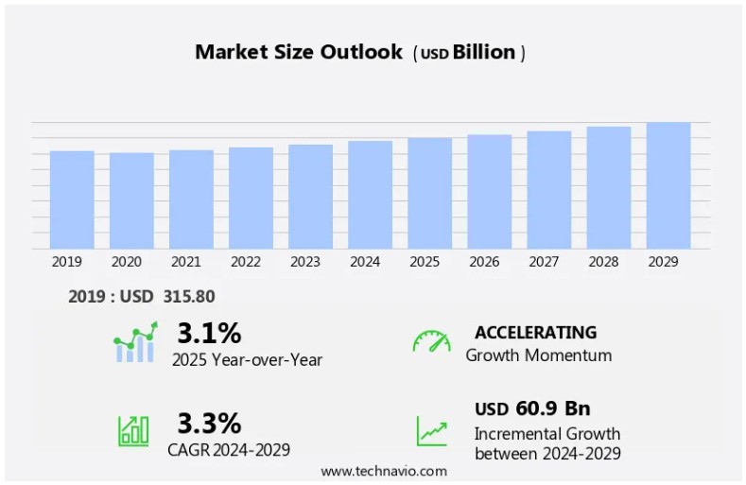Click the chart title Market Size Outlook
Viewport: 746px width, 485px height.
tap(299, 52)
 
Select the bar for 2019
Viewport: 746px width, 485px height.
tap(72, 199)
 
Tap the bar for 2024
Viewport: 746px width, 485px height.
tap(370, 195)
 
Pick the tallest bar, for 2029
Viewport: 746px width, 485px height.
tap(668, 185)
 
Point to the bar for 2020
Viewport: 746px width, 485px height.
tap(131, 200)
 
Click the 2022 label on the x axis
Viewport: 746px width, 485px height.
tap(246, 262)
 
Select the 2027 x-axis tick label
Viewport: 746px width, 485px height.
tap(544, 262)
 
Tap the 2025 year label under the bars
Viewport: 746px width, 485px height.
tap(425, 262)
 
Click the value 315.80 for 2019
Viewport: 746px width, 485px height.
tap(189, 297)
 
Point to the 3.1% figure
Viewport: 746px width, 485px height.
tap(209, 334)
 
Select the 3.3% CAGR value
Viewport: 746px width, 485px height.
tap(209, 423)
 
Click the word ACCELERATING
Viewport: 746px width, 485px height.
tap(535, 333)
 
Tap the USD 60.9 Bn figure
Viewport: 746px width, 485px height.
tap(532, 408)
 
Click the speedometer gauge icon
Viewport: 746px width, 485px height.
tap(431, 341)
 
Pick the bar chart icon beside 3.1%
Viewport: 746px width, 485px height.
tap(134, 343)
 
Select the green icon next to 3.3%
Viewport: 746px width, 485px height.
tap(133, 431)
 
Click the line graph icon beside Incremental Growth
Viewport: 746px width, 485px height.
tap(431, 431)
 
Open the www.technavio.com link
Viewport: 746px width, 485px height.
tap(383, 471)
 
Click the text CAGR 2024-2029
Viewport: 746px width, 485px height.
tap(231, 449)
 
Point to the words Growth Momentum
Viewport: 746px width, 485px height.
tap(538, 355)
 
